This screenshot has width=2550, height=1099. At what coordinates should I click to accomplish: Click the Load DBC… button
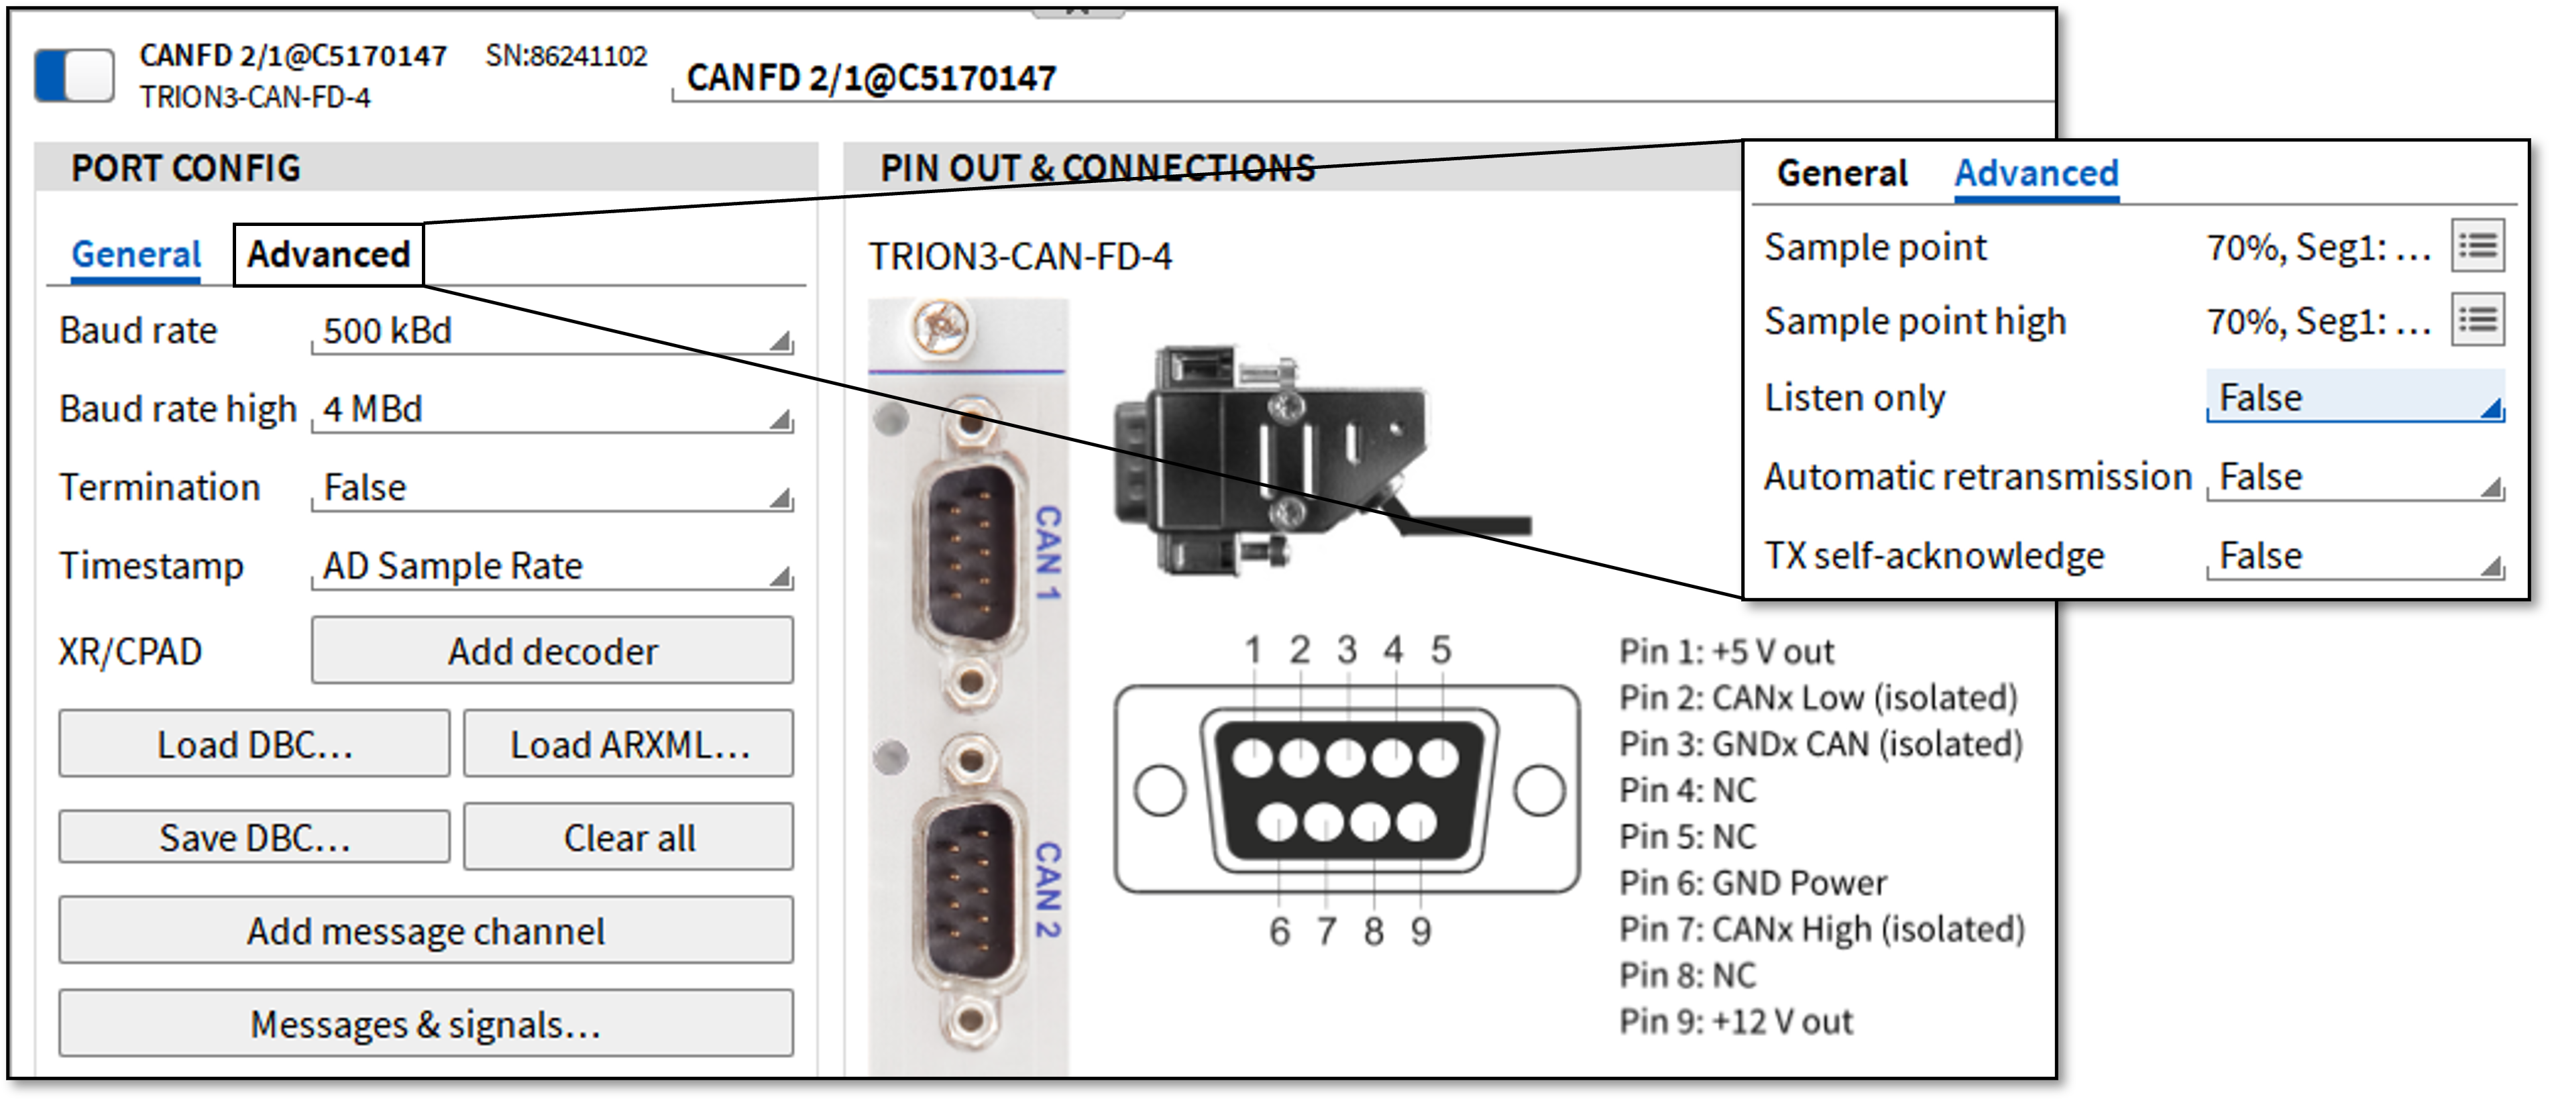[254, 744]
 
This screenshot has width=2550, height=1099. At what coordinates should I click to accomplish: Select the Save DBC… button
[254, 837]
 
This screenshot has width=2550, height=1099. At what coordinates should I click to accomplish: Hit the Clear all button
[628, 837]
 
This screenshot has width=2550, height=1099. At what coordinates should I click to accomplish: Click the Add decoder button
[553, 650]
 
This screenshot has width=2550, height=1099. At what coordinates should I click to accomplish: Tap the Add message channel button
[426, 931]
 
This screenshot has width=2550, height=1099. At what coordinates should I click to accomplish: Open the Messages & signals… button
[426, 1024]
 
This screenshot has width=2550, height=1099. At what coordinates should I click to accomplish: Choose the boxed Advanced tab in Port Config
[329, 254]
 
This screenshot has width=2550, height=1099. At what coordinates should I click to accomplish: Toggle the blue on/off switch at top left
[74, 75]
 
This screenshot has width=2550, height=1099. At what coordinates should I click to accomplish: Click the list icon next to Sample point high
[2478, 320]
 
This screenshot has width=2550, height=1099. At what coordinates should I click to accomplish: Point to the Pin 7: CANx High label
[1822, 929]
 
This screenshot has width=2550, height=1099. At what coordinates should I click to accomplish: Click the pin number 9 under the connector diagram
[1421, 931]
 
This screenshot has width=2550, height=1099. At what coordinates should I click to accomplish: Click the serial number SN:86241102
[566, 56]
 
